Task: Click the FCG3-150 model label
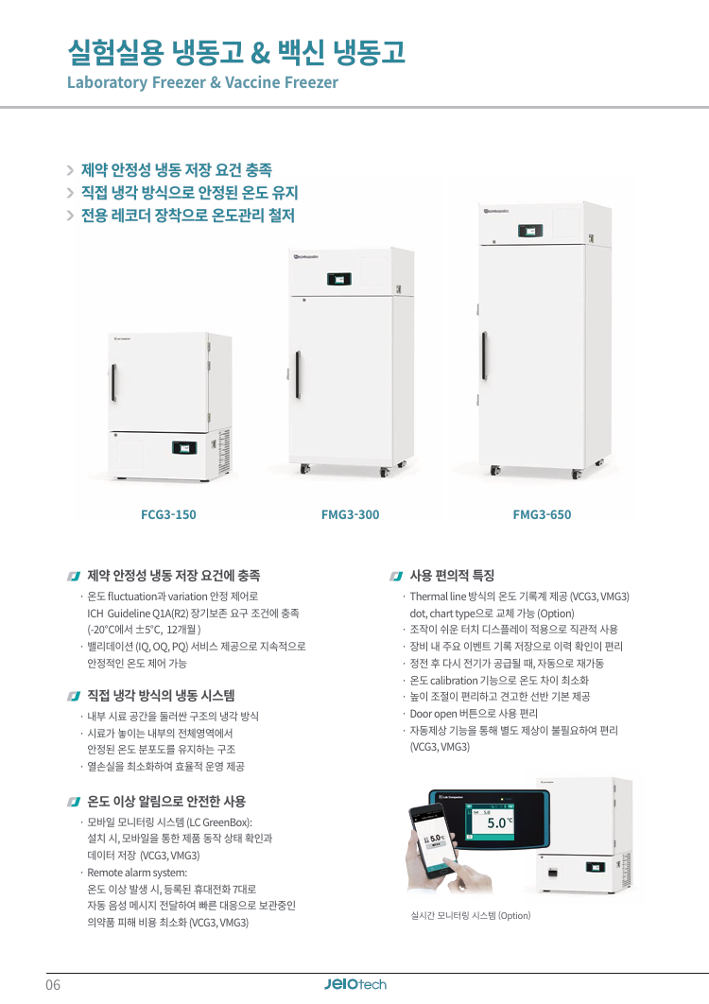[168, 514]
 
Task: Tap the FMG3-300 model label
[351, 514]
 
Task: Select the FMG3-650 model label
[542, 514]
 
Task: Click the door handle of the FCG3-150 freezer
[114, 382]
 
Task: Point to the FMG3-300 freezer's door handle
[298, 374]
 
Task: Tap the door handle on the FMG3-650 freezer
[484, 355]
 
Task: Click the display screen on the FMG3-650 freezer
[530, 231]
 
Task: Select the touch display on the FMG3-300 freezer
[339, 279]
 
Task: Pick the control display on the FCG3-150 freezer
[184, 447]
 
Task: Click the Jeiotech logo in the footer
[354, 984]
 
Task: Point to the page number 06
[53, 985]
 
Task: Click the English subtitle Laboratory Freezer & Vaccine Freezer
[202, 82]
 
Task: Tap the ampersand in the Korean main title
[261, 53]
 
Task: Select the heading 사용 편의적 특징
[452, 576]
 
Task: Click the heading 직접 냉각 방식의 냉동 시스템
[161, 696]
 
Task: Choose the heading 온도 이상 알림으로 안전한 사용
[166, 801]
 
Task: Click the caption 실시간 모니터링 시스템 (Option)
[471, 916]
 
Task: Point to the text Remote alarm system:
[137, 873]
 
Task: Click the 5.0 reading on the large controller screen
[496, 823]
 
